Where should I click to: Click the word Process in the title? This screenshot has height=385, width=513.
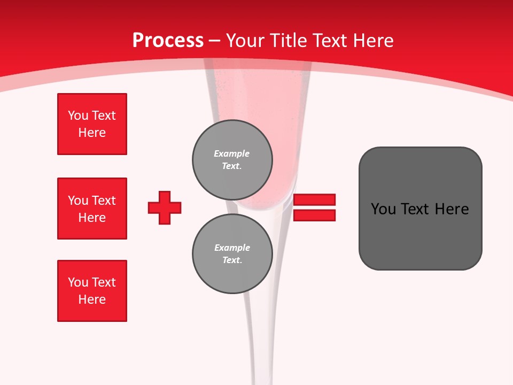tap(168, 41)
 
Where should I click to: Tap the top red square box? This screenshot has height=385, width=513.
tap(92, 124)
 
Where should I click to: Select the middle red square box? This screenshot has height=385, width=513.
tap(92, 209)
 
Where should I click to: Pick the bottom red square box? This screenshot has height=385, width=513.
tap(92, 291)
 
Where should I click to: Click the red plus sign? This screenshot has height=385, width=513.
tap(165, 207)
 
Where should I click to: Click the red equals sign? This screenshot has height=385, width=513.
tap(315, 207)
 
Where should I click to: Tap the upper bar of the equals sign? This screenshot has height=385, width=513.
tap(315, 199)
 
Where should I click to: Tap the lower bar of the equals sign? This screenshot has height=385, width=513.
tap(315, 215)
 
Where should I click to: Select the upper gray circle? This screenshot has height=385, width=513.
tap(232, 160)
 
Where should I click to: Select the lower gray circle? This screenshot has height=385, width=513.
tap(232, 254)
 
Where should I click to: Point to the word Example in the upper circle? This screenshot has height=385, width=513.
tap(231, 153)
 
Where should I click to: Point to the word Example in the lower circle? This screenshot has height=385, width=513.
tap(232, 248)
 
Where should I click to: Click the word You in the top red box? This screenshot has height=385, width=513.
tap(78, 115)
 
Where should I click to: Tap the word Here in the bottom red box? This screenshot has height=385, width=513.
tap(92, 299)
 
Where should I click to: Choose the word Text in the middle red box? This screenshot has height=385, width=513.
tap(103, 201)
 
